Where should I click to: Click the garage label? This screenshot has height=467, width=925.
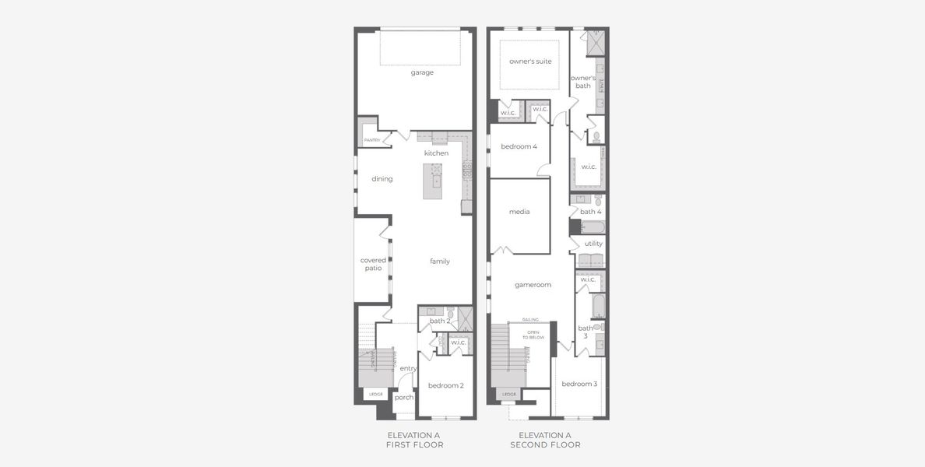click(x=422, y=72)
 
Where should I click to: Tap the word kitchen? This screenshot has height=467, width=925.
click(x=436, y=153)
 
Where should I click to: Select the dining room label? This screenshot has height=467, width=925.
click(x=382, y=179)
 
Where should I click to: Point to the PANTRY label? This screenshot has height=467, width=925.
click(x=372, y=140)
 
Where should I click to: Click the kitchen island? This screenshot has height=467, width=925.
click(x=433, y=181)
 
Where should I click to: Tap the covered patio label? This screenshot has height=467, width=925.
click(x=373, y=264)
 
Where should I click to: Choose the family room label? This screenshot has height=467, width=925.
click(x=440, y=262)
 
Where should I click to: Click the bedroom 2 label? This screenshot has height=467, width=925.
click(x=445, y=386)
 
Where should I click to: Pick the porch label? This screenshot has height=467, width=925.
click(x=404, y=398)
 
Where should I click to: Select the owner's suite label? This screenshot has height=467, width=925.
click(x=530, y=61)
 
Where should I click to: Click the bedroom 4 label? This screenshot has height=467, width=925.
click(x=519, y=146)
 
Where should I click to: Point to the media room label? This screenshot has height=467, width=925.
click(x=519, y=212)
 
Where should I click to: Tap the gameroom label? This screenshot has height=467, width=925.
click(x=533, y=285)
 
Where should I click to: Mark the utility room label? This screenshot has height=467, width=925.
click(x=593, y=244)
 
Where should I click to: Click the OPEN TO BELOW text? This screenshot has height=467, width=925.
click(x=533, y=335)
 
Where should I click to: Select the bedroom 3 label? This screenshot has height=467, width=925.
click(x=579, y=384)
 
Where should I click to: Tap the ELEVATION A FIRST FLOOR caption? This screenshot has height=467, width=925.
click(x=414, y=441)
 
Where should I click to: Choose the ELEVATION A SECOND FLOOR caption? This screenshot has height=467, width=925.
click(x=545, y=441)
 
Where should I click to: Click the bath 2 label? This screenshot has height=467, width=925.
click(x=440, y=321)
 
